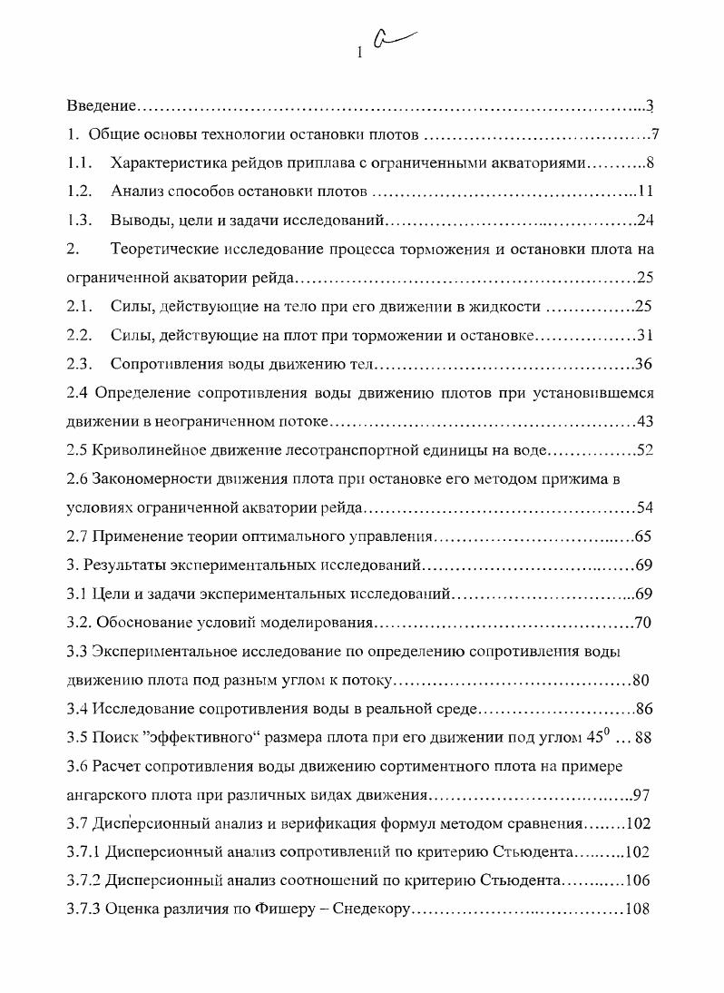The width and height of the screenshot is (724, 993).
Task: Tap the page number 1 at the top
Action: [x=360, y=53]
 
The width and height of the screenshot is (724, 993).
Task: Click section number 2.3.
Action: [x=79, y=365]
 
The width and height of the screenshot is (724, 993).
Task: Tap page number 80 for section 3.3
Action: [x=641, y=680]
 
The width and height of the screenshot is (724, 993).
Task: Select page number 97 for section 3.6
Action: [x=641, y=795]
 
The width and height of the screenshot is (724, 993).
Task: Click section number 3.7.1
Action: [x=84, y=852]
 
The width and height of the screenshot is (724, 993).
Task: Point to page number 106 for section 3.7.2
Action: [x=639, y=880]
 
